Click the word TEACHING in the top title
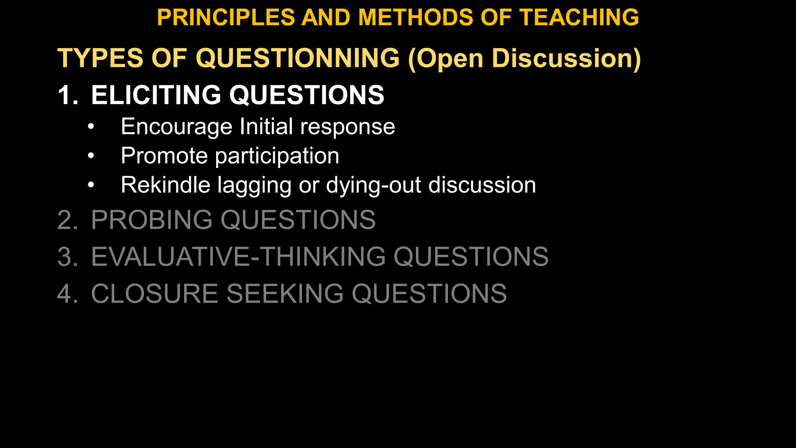point(580,17)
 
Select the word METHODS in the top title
point(415,17)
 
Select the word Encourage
point(176,127)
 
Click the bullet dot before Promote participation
point(91,156)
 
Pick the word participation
point(277,156)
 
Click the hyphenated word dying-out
point(374,185)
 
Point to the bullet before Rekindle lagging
point(91,185)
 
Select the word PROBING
point(152,220)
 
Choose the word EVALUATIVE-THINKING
point(239,257)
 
